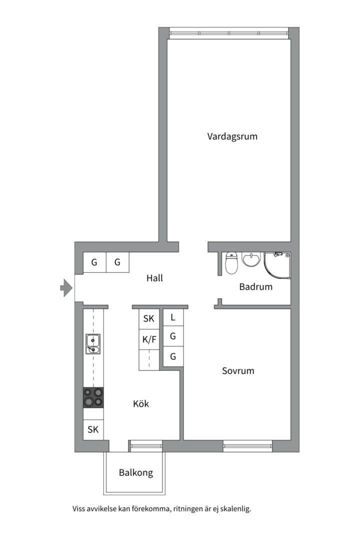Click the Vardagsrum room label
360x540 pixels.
(x=232, y=136)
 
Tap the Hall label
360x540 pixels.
(x=154, y=278)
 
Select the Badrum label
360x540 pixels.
(x=255, y=286)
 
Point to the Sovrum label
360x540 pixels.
(x=238, y=371)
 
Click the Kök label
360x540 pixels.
(x=141, y=403)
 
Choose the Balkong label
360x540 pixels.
(x=135, y=472)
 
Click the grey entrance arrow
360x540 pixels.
(x=66, y=287)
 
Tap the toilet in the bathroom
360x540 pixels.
(x=231, y=263)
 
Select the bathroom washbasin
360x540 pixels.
(x=251, y=259)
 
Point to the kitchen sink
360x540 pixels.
(x=93, y=344)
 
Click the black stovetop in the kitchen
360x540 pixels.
(x=93, y=397)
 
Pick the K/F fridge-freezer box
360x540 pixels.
(x=149, y=340)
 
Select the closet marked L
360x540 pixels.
(x=173, y=317)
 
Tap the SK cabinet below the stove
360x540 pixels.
(x=93, y=429)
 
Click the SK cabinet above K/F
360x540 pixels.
(x=149, y=319)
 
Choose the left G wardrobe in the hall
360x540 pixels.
(x=94, y=262)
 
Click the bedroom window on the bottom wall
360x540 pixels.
(x=247, y=446)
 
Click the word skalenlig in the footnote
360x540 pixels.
(x=236, y=508)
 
